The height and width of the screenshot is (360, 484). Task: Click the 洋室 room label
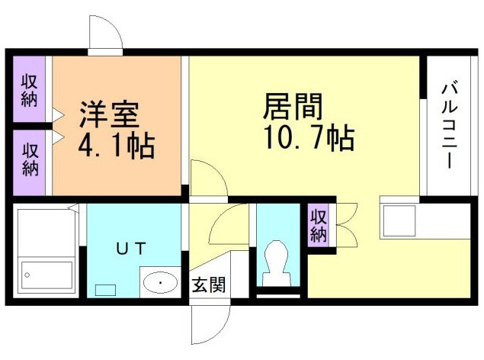click(x=109, y=114)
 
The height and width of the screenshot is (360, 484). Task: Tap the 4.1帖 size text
click(x=116, y=144)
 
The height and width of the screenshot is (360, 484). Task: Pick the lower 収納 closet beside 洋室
click(x=30, y=160)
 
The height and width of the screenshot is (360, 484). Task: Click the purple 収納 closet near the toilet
click(x=318, y=224)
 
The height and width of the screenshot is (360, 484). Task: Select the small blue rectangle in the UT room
click(x=104, y=290)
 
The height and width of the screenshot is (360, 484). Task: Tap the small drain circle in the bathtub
click(x=29, y=274)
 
